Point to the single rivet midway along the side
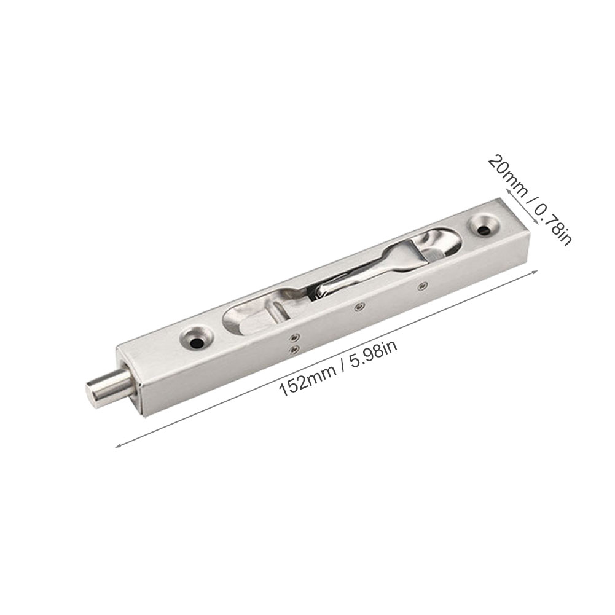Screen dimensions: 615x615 (x=358, y=307)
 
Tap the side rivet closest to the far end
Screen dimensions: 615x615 (x=423, y=286)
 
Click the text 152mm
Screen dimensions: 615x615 (x=307, y=379)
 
